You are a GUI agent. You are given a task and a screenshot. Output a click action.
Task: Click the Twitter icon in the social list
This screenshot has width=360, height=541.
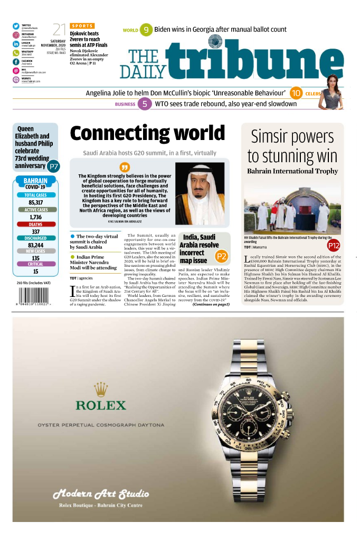click(16, 26)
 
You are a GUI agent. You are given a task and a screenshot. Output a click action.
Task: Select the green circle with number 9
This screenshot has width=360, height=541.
click(146, 30)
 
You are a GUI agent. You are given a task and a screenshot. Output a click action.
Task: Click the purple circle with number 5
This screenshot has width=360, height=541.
click(145, 104)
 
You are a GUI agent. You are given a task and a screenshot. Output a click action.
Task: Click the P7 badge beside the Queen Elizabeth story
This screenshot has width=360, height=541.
click(53, 166)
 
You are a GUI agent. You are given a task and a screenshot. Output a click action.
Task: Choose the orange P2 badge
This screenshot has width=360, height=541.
click(222, 257)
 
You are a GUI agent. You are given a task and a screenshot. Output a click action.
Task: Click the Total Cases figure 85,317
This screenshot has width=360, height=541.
click(36, 202)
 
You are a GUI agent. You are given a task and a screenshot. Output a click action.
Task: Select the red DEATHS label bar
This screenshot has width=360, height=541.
click(36, 224)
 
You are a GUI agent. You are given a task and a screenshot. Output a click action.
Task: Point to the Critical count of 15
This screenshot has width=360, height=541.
click(36, 272)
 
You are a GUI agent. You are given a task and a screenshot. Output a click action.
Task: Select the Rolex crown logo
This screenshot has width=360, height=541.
click(101, 390)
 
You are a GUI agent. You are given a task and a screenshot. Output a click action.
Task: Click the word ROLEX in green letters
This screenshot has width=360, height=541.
click(101, 406)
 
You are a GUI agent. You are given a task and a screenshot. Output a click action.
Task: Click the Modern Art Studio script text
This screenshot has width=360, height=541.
click(100, 495)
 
